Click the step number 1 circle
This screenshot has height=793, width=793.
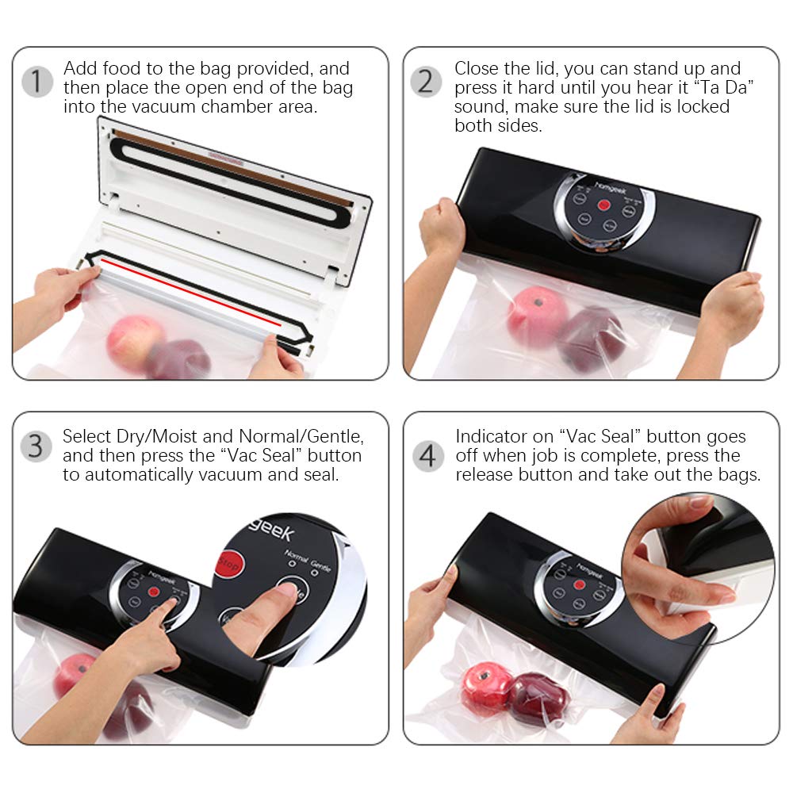pyautogui.click(x=36, y=82)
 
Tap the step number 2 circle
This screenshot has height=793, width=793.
pyautogui.click(x=427, y=82)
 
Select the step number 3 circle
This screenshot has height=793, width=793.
pyautogui.click(x=36, y=446)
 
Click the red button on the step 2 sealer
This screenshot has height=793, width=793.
pyautogui.click(x=604, y=206)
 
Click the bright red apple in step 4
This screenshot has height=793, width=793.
pyautogui.click(x=485, y=687)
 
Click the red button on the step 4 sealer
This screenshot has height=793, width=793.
pyautogui.click(x=579, y=584)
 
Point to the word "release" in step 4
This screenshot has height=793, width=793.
pyautogui.click(x=485, y=475)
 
